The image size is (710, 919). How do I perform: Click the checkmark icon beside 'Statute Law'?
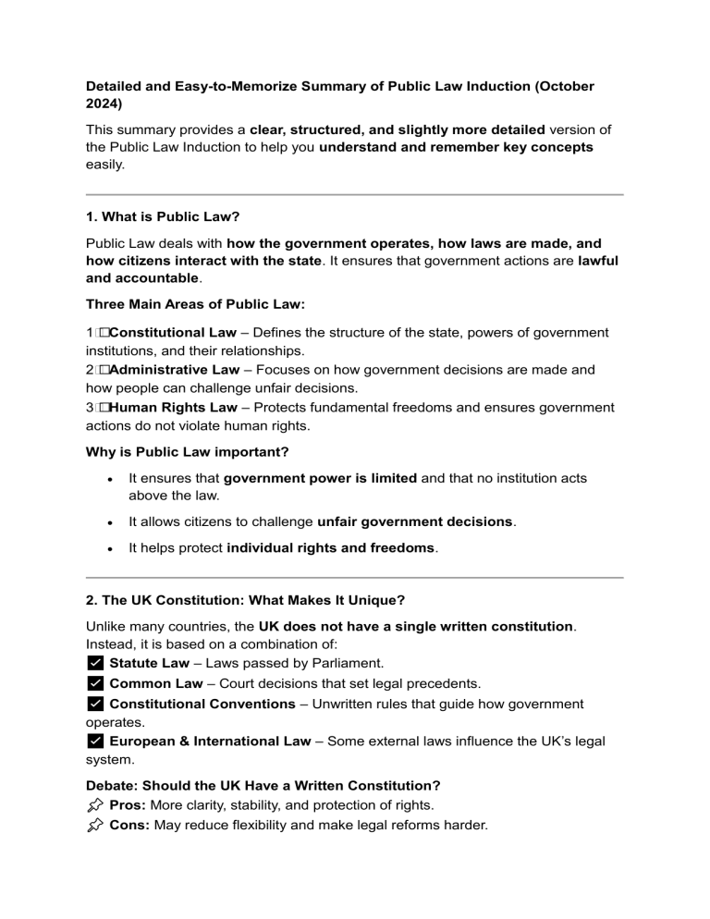pyautogui.click(x=94, y=664)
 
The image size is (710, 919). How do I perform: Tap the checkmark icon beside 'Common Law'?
pyautogui.click(x=94, y=684)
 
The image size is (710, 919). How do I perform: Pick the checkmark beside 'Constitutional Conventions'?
pyautogui.click(x=94, y=705)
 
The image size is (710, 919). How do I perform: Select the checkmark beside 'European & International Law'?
pyautogui.click(x=94, y=741)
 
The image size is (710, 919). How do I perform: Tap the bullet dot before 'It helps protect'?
pyautogui.click(x=110, y=548)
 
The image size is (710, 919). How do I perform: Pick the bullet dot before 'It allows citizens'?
pyautogui.click(x=110, y=521)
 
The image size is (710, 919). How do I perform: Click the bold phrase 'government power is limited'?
pyautogui.click(x=321, y=478)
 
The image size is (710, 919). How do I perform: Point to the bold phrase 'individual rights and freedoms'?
pyautogui.click(x=330, y=548)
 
